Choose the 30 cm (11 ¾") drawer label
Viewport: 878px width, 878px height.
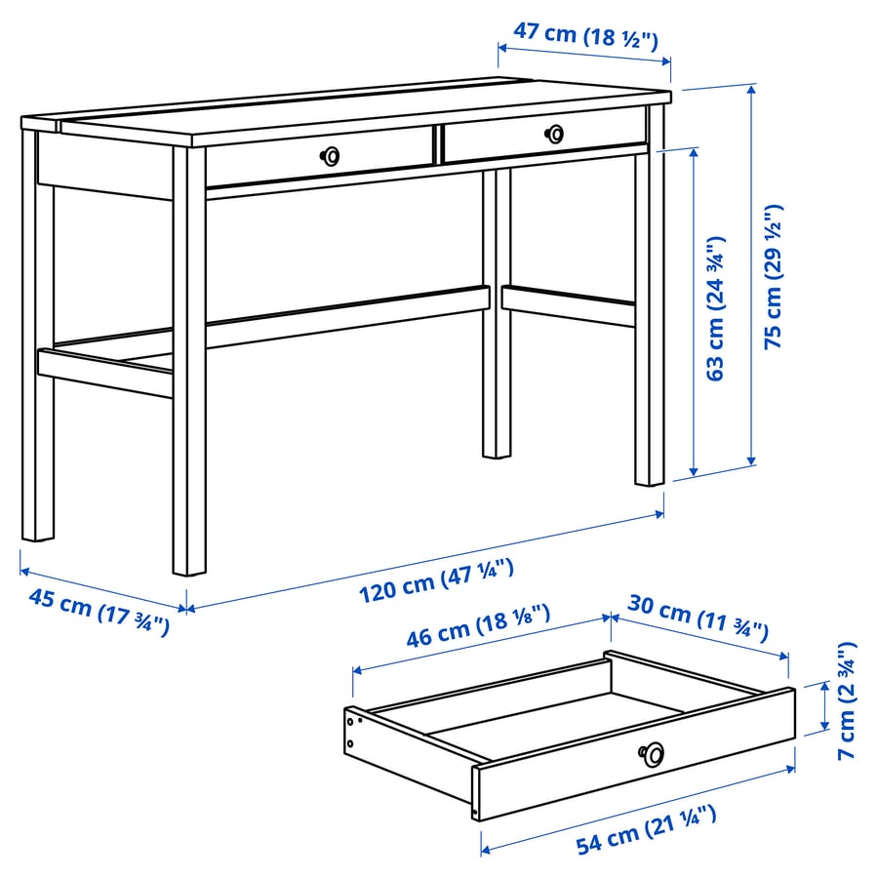pyautogui.click(x=696, y=622)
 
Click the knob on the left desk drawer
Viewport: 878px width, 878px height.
pyautogui.click(x=332, y=155)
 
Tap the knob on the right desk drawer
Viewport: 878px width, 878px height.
pyautogui.click(x=555, y=133)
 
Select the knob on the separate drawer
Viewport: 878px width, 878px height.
pyautogui.click(x=652, y=752)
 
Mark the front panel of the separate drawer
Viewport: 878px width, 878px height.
pyautogui.click(x=634, y=756)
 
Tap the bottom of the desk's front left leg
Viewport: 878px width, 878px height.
pyautogui.click(x=189, y=566)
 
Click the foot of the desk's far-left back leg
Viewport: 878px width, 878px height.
pyautogui.click(x=38, y=532)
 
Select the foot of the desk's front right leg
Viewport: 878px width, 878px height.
pyautogui.click(x=650, y=477)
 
